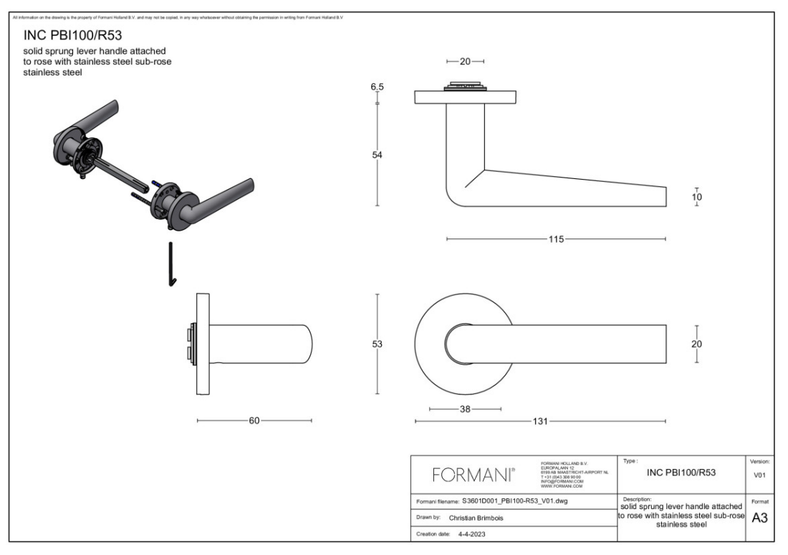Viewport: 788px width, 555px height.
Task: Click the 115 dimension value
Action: [x=556, y=238]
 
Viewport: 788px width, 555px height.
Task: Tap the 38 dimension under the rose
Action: [x=465, y=409]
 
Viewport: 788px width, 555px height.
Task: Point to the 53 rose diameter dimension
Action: [x=377, y=344]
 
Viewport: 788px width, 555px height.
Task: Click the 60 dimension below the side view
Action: [x=254, y=421]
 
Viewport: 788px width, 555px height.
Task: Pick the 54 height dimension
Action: [x=377, y=156]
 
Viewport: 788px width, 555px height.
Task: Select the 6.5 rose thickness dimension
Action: [x=377, y=87]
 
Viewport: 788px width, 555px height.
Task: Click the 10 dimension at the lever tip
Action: [x=696, y=197]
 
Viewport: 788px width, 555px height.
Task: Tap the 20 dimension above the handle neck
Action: [x=465, y=62]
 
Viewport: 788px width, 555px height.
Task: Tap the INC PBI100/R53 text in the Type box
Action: [x=681, y=473]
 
